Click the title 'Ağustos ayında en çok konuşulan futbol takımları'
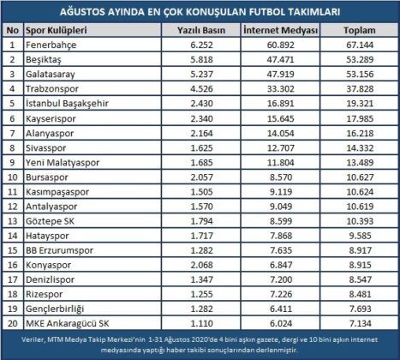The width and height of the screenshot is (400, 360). [x=200, y=12]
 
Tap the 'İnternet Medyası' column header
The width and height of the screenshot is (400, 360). [x=276, y=29]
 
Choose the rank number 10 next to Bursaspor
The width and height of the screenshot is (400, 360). [x=11, y=177]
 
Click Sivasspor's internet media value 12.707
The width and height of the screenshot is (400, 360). [x=276, y=147]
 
